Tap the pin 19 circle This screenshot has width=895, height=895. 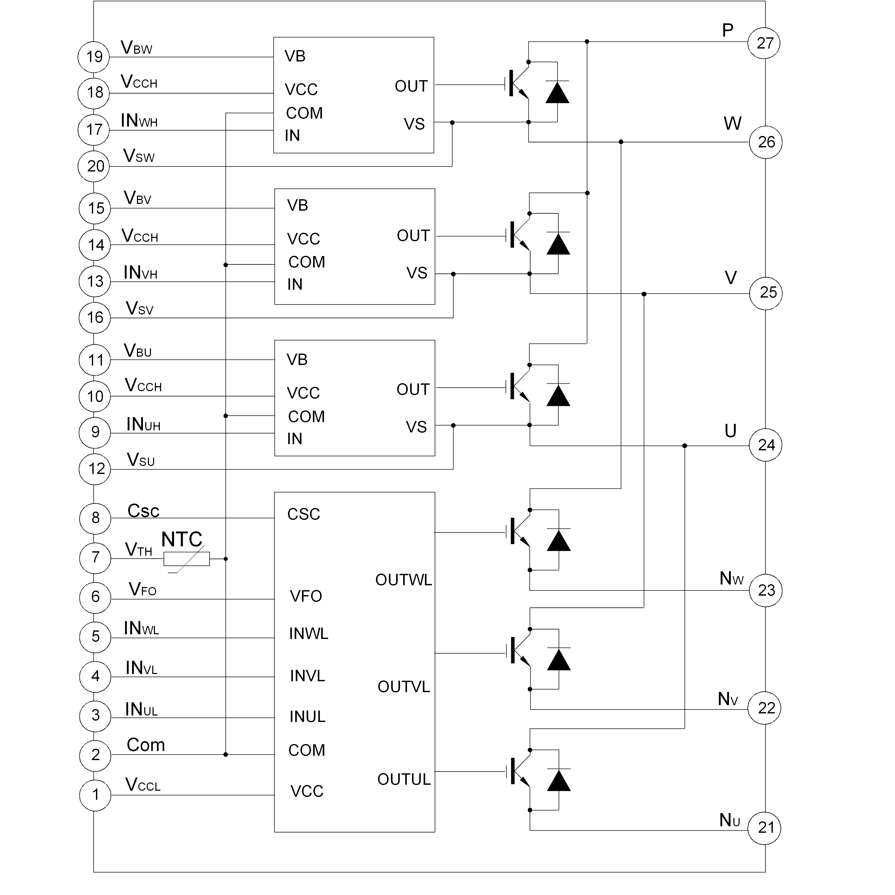[94, 57]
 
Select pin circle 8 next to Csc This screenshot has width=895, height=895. [95, 518]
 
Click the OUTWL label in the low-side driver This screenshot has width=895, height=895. [403, 580]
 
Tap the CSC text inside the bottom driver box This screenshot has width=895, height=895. [304, 514]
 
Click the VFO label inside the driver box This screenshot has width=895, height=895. [306, 596]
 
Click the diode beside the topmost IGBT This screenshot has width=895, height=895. [557, 92]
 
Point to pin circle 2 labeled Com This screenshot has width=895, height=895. [95, 755]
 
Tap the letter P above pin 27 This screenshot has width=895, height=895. [728, 31]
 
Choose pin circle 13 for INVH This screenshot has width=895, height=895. [95, 281]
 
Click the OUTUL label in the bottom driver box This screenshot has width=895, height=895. [404, 780]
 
